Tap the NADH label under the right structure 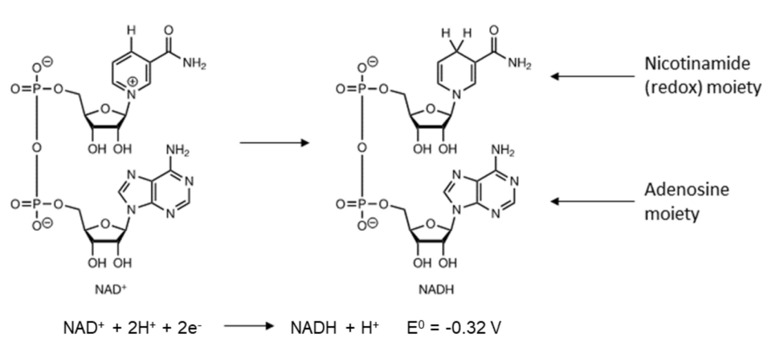point(436,290)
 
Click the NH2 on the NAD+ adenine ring point(174,150)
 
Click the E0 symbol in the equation point(416,327)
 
